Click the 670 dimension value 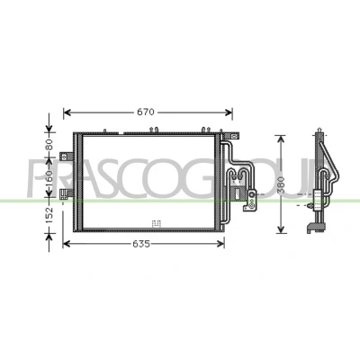(146, 112)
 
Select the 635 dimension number (141, 244)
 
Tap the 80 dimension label (49, 144)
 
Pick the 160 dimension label (49, 178)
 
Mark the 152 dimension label (49, 215)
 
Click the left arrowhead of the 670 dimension (67, 112)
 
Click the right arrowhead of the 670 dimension (229, 112)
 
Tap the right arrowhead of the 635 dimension (220, 244)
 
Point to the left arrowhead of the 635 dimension (67, 244)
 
